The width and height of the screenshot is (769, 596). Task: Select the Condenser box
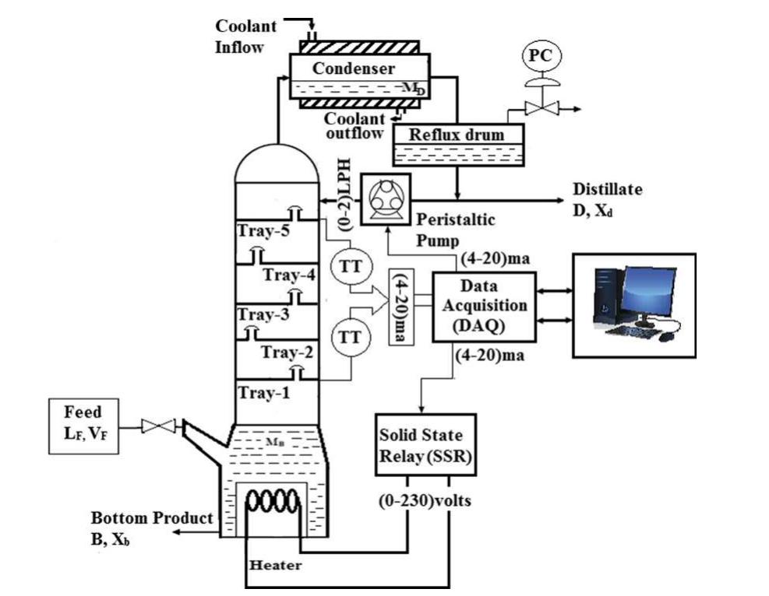point(355,75)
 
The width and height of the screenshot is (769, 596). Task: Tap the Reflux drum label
point(457,135)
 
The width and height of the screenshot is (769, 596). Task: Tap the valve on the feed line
point(156,426)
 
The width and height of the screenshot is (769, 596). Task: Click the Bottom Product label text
point(152,518)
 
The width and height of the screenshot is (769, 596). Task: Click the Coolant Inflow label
point(245,37)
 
